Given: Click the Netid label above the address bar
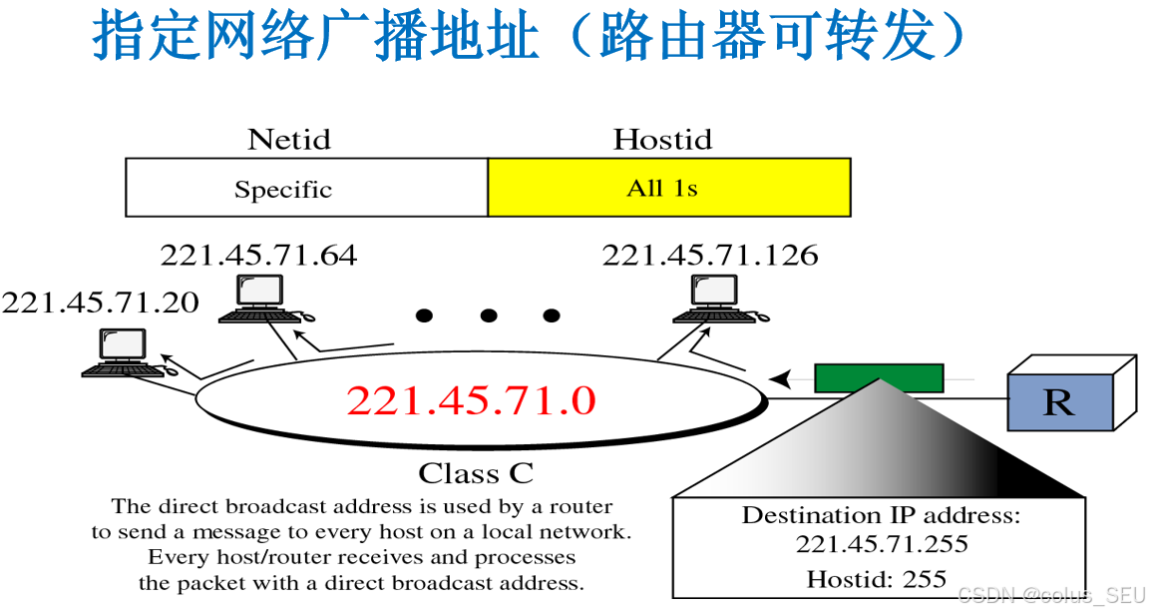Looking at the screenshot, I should [288, 139].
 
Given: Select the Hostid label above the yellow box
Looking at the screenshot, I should [662, 139].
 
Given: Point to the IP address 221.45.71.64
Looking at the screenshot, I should [258, 256].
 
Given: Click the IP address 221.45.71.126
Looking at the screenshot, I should [709, 256].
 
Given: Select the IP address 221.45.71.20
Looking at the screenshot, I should [100, 303].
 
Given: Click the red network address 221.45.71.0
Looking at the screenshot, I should [471, 400].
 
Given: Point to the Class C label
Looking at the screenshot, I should [475, 472].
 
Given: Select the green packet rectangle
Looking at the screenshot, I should [879, 378].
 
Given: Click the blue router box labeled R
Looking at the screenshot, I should [1060, 401].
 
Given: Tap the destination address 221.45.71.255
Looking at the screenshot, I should [882, 544].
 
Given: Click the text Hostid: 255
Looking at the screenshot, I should [877, 578].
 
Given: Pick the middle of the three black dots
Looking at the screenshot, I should [488, 316].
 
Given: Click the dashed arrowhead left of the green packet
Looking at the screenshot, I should [784, 379].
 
